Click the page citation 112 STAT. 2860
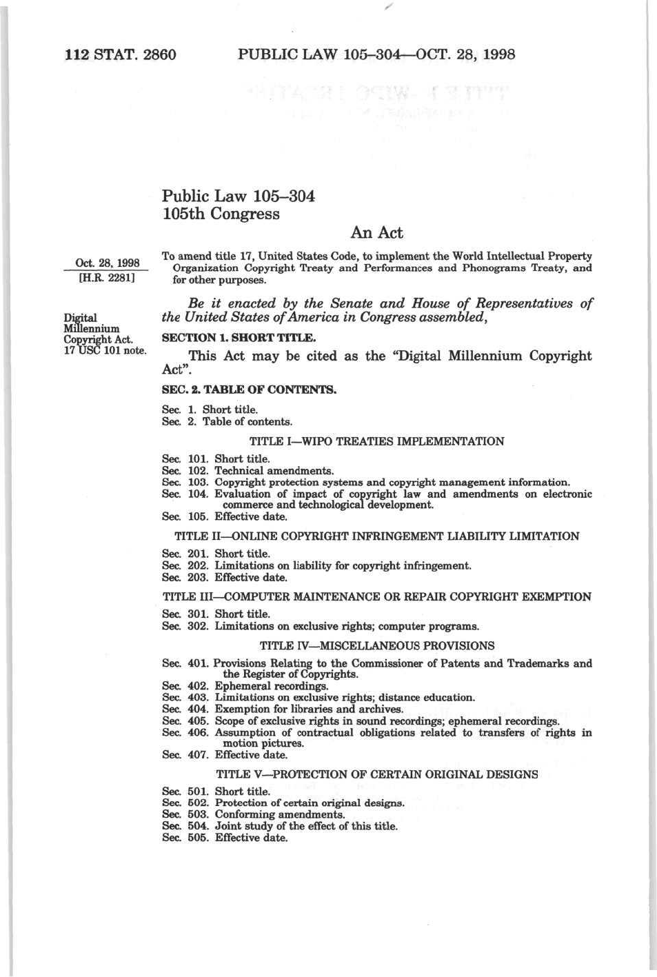[121, 54]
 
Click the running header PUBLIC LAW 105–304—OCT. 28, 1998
[376, 54]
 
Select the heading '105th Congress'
[221, 214]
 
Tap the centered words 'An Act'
[376, 233]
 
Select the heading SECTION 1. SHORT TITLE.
[239, 338]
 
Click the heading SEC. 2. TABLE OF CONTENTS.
[249, 390]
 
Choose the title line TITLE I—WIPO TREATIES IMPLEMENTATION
[376, 441]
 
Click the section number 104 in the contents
[198, 494]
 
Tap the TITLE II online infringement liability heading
[376, 536]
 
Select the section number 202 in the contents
[198, 566]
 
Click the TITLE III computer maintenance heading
[376, 597]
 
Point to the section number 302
[198, 627]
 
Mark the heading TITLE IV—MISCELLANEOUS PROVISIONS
[376, 646]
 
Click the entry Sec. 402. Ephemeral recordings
[245, 686]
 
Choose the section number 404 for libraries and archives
[198, 709]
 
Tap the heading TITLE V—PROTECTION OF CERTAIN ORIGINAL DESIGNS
[376, 774]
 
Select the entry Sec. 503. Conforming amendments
[253, 815]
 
